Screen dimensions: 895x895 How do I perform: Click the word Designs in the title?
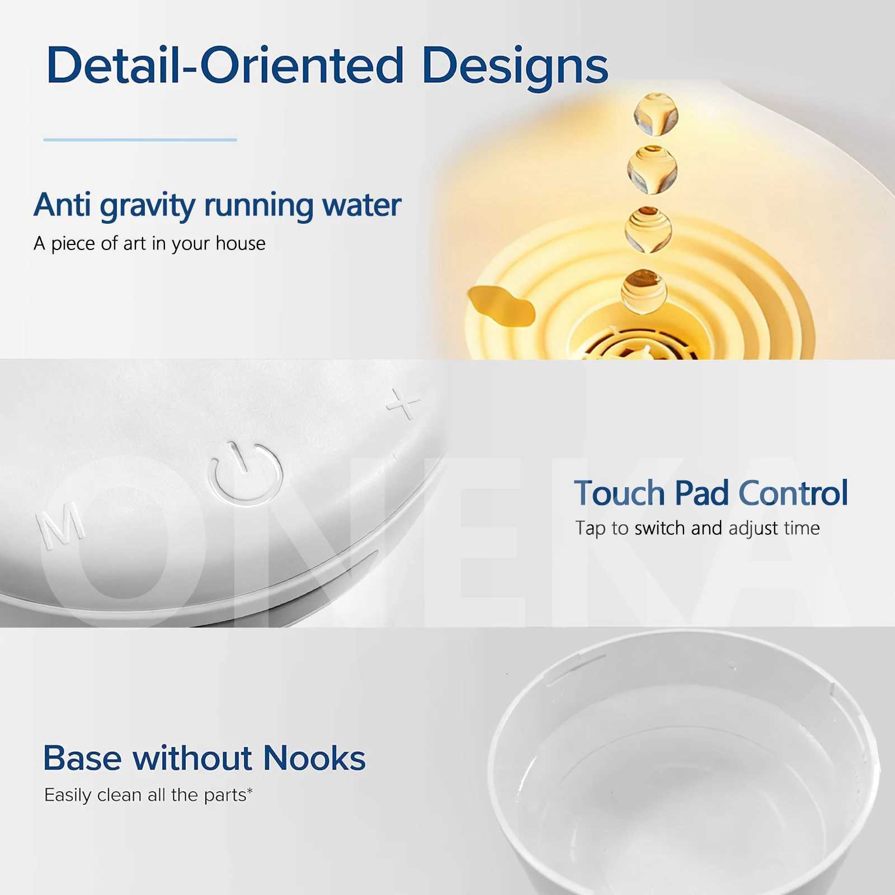[515, 67]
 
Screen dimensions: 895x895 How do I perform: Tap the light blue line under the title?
[140, 139]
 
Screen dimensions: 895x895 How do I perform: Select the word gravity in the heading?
[147, 206]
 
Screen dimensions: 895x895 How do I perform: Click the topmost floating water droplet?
[656, 114]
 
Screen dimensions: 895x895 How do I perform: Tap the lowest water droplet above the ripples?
[644, 289]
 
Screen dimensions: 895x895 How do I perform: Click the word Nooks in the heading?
[314, 759]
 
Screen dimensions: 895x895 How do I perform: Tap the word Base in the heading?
[82, 759]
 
